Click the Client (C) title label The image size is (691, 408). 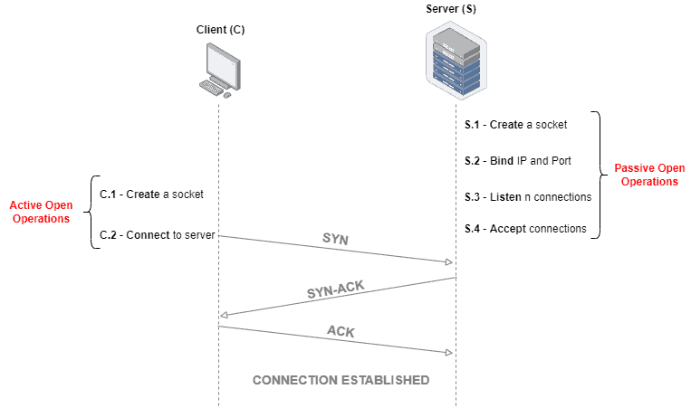[220, 30]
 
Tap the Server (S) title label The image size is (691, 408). [450, 9]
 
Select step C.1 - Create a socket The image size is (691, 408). [151, 194]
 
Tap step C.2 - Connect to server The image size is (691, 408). [157, 235]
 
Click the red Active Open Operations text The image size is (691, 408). [41, 213]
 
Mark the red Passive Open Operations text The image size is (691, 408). [646, 175]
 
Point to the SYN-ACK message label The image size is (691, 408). [335, 292]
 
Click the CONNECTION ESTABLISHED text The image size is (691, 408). [341, 379]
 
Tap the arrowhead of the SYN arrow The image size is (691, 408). [447, 262]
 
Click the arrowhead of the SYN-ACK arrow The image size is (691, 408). [224, 315]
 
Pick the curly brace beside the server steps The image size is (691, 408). [598, 176]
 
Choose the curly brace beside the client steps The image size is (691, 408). [91, 213]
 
